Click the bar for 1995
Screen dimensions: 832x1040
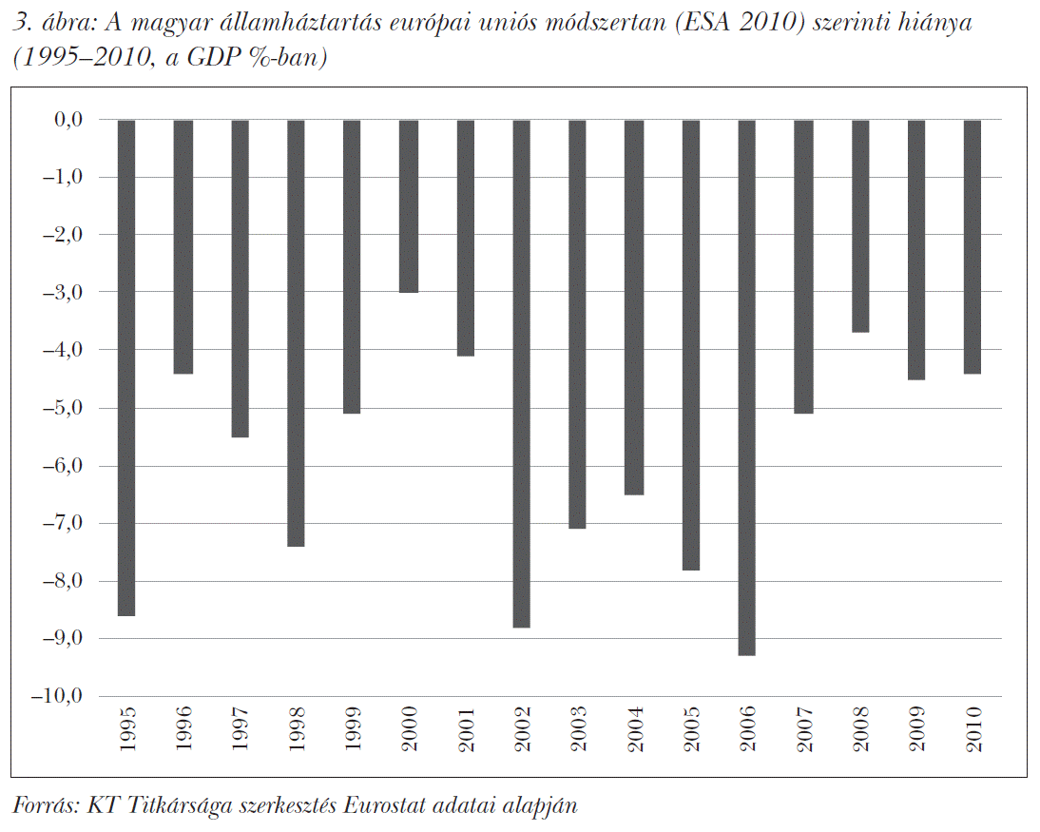tap(126, 368)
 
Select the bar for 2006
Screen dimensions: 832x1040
tap(747, 388)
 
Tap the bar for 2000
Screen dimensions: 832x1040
tap(409, 206)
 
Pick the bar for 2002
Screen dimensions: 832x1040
tap(522, 374)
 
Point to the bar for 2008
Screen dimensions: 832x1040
tap(860, 226)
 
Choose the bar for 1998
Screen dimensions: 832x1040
tap(296, 333)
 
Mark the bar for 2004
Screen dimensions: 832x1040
tap(634, 307)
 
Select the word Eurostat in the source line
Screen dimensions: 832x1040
tap(384, 805)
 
